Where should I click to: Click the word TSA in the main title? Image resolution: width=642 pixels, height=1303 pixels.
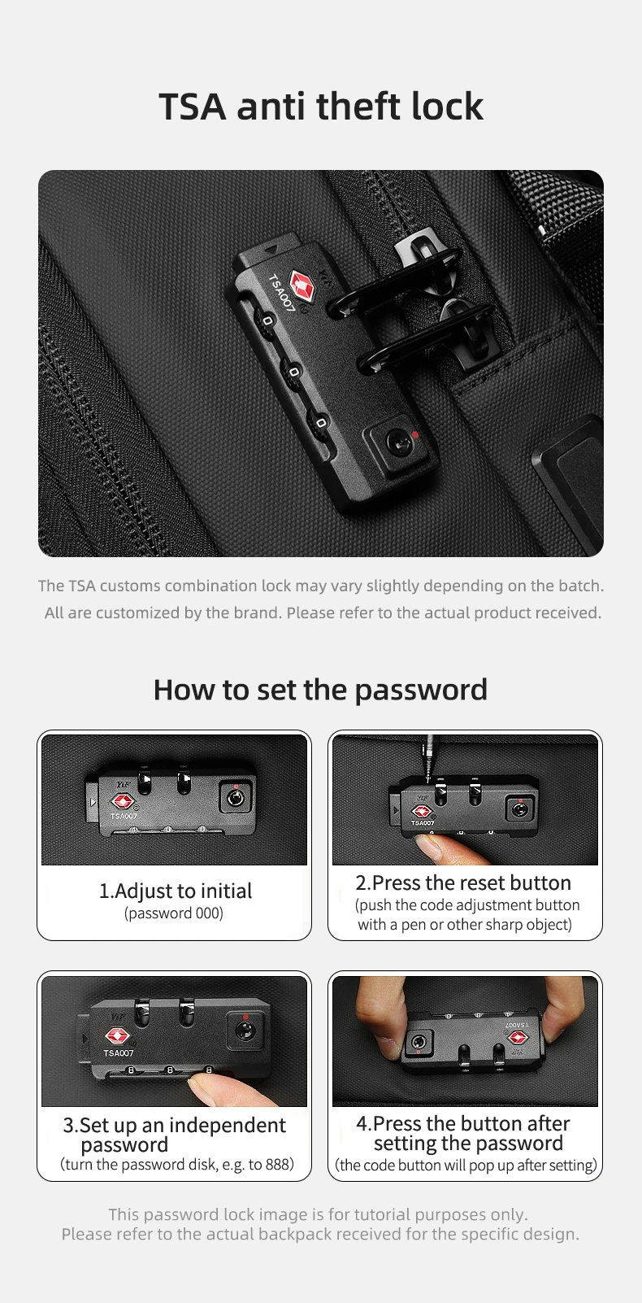coord(193,107)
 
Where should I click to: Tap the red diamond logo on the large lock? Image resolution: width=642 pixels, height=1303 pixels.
coord(301,287)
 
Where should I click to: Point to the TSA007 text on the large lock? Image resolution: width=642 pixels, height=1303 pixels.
coord(281,293)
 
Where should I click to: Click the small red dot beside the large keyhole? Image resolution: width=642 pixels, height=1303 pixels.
coord(414,434)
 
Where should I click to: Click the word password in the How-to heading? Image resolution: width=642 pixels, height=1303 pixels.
coord(421,690)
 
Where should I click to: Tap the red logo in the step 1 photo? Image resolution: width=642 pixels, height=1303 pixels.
coord(122,802)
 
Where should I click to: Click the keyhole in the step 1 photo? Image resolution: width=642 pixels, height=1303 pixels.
coord(235,798)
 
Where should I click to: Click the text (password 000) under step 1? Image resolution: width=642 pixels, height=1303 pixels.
coord(174,913)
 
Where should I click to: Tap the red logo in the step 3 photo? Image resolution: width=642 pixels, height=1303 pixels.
coord(116,1036)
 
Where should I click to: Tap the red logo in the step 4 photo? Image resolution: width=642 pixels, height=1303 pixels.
coord(517,1036)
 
